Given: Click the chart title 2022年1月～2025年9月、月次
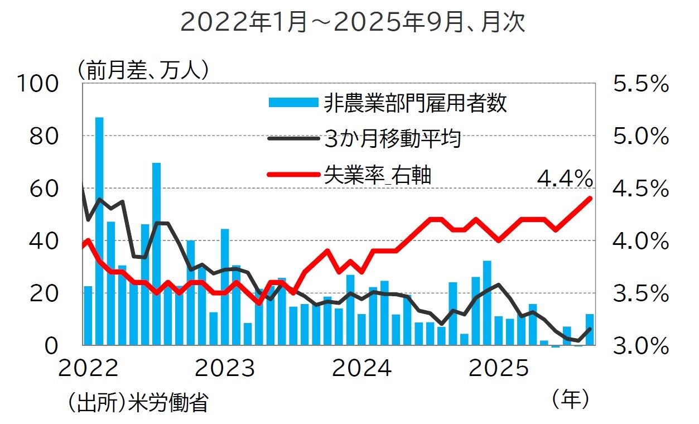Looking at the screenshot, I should coord(353,23).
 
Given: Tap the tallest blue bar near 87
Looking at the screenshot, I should coord(99,231).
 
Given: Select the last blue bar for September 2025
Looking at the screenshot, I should coord(589,330).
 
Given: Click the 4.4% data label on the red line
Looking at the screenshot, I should coord(564,179).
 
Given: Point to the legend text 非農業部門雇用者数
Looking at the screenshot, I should coord(415,103).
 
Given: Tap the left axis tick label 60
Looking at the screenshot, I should coord(44,189).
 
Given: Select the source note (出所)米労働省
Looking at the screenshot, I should coord(137,402).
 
